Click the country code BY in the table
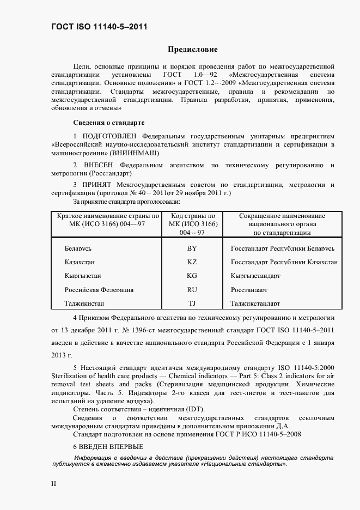192,248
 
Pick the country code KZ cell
192,262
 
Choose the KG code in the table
192,276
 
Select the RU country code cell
192,290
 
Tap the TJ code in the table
192,303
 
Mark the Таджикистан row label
84,303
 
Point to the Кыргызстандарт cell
255,276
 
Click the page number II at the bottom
54,483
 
